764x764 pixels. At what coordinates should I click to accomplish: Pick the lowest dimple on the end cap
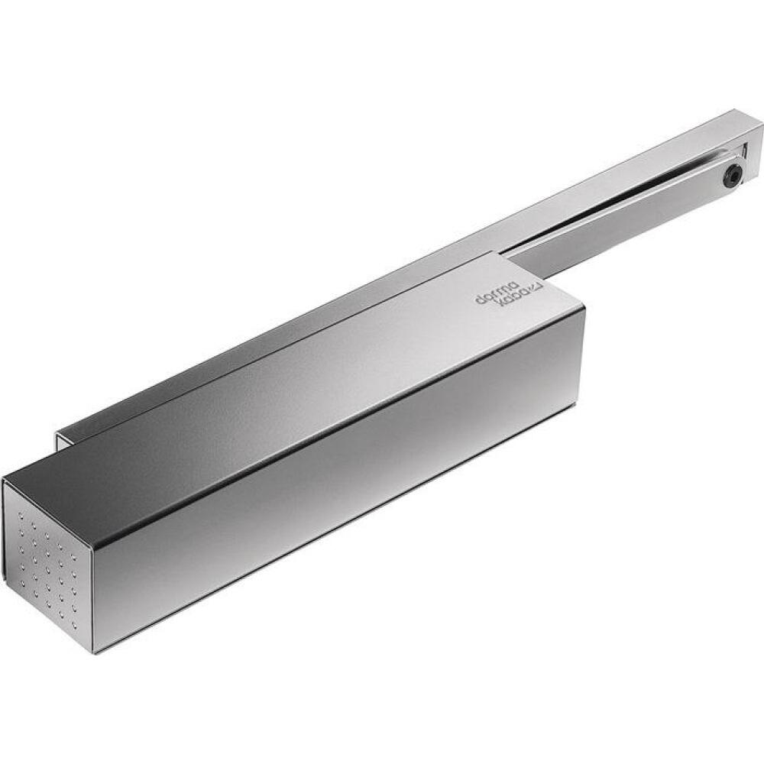tap(76, 623)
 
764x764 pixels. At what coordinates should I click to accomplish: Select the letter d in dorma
tap(480, 299)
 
